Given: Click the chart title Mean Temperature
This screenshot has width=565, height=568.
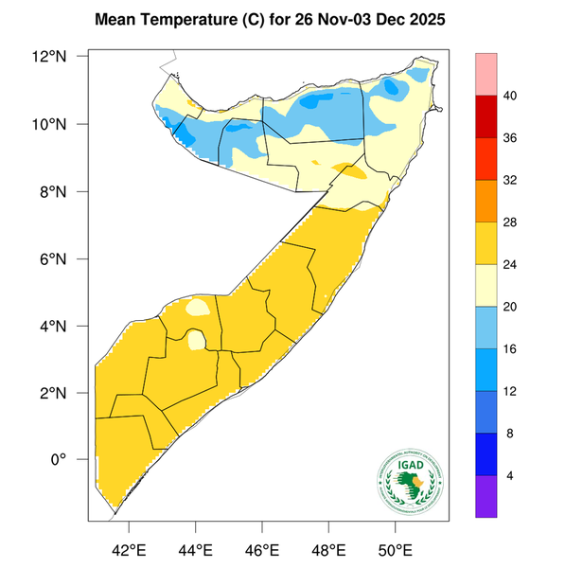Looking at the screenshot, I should (274, 19).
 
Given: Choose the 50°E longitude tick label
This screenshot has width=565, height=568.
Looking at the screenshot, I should (395, 550).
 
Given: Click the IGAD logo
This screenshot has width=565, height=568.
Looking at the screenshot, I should (409, 480).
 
